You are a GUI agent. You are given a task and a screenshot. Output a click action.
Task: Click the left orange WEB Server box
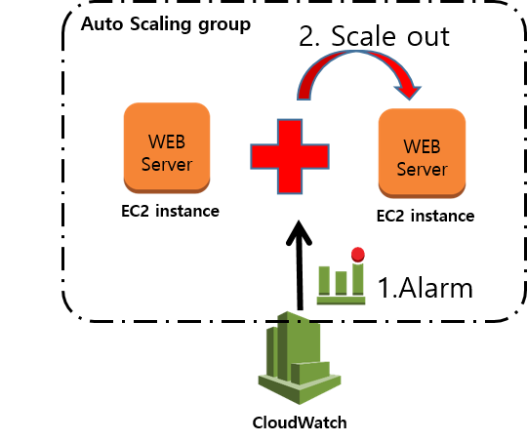pos(167,148)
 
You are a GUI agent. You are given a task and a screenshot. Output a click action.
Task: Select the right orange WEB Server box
pos(423,153)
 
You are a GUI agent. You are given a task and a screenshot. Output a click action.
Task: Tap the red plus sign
pos(290,156)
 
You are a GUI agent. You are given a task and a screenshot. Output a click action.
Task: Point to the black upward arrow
pos(300,265)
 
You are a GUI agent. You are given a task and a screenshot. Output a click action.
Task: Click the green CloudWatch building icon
pos(300,358)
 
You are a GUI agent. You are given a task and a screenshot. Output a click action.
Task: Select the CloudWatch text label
pos(300,422)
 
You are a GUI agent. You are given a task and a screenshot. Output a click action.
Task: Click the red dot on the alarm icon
pos(358,255)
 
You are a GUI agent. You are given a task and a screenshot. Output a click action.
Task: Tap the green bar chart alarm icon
pos(342,276)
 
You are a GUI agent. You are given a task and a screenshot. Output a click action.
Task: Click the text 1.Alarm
pos(426,288)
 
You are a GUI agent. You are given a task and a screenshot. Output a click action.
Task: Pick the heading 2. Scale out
pos(374,36)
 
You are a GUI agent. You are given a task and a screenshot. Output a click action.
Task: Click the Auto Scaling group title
pos(166,24)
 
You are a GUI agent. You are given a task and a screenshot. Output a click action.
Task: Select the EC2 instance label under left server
pos(170,211)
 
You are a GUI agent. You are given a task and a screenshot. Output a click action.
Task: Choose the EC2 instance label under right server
pos(426,216)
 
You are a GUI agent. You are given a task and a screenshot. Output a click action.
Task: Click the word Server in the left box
pos(167,164)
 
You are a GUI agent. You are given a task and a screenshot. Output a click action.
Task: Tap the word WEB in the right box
pos(422,146)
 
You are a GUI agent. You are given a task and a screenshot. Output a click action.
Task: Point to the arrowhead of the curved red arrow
pos(408,93)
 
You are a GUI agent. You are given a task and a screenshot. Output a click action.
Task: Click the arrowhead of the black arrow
pos(299,232)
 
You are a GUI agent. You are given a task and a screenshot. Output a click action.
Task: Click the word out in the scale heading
pos(428,37)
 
